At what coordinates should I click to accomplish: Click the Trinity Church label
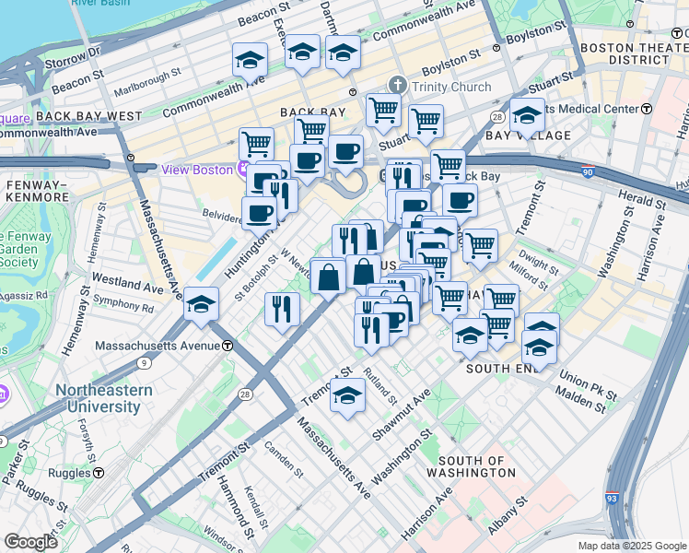click(x=451, y=87)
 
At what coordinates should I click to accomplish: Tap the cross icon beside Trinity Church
click(x=398, y=86)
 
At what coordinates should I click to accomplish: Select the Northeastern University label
click(x=104, y=398)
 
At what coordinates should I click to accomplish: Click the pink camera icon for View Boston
click(x=243, y=170)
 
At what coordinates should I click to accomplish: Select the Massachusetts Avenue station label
click(x=161, y=346)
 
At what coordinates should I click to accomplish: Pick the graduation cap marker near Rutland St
click(x=347, y=395)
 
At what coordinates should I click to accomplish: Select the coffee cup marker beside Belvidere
click(x=259, y=214)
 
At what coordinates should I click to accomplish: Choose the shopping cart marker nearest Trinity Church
click(x=383, y=110)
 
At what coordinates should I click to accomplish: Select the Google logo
click(x=31, y=542)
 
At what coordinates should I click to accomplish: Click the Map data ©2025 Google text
click(x=631, y=546)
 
